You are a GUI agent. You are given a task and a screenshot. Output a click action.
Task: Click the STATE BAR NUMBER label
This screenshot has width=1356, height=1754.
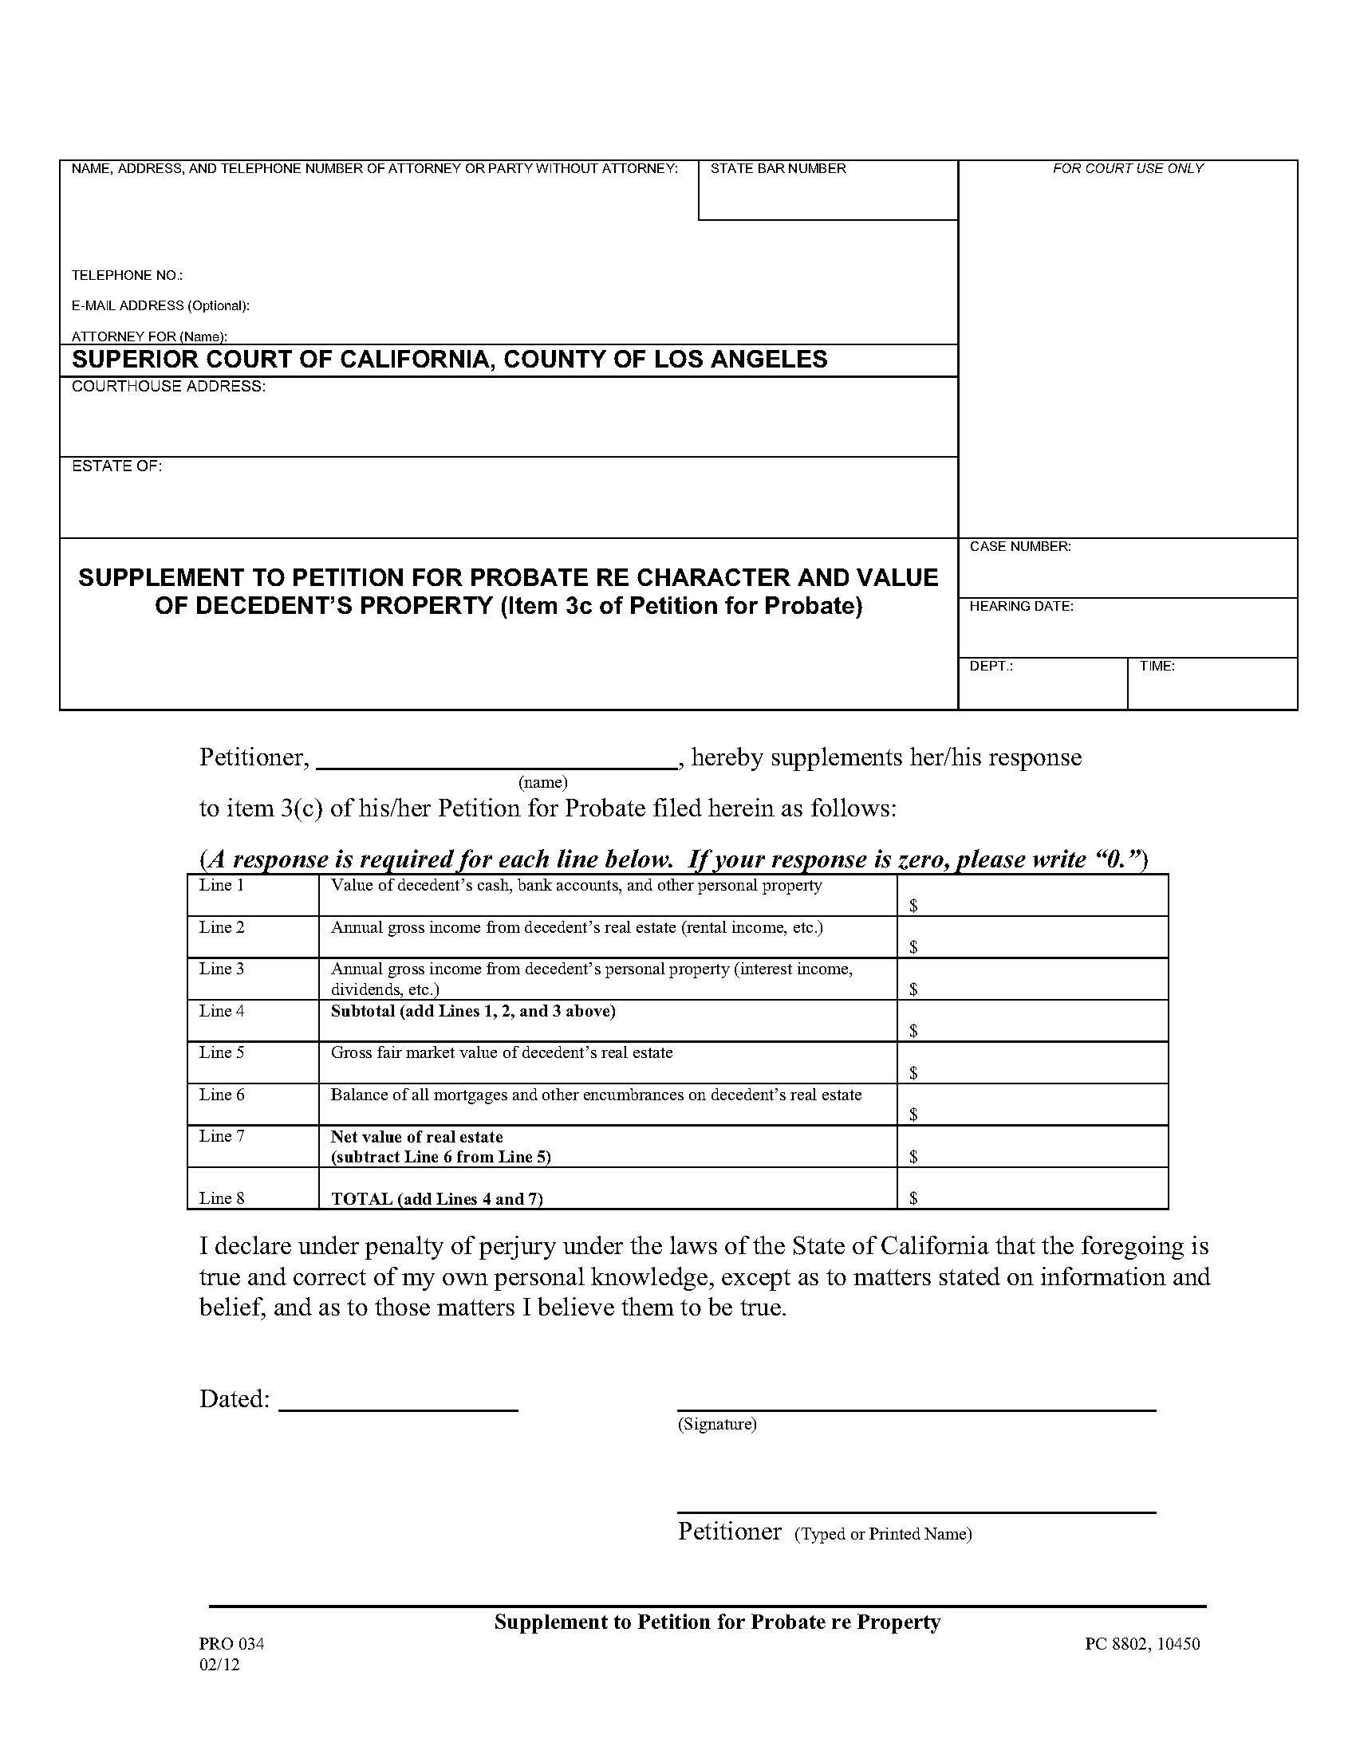pos(778,169)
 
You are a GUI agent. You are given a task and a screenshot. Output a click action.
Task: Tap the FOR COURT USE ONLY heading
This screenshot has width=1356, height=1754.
pos(1127,169)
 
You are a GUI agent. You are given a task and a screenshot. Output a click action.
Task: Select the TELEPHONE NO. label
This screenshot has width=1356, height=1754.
pos(127,276)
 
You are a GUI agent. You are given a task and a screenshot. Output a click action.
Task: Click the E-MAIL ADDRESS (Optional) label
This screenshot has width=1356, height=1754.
pos(160,306)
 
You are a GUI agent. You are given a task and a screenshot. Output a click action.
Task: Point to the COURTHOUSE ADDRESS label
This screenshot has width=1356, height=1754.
pos(168,387)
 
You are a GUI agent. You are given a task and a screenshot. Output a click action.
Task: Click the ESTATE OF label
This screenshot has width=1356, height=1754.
pos(117,466)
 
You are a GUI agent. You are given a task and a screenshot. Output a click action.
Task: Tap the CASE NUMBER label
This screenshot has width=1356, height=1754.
pos(1019,547)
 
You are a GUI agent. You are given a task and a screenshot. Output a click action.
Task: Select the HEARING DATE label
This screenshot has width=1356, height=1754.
pos(1021,607)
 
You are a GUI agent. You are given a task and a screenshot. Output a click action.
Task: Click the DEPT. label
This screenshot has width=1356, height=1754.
pos(991,667)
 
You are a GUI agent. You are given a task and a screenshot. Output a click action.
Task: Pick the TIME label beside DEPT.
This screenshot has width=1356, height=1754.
pos(1156,667)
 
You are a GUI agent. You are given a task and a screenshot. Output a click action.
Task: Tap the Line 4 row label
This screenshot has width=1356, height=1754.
pos(222,1011)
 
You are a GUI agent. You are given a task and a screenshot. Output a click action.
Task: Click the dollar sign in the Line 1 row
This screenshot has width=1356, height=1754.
pos(913,906)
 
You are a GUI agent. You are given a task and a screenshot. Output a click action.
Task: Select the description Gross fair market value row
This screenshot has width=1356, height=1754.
pos(501,1053)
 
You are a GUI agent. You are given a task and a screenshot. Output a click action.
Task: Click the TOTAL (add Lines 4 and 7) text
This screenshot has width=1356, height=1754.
pos(437,1199)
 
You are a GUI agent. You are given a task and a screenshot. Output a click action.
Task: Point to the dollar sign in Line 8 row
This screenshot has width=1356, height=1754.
pos(913,1199)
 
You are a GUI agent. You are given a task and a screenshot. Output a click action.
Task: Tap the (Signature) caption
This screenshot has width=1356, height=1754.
pos(716,1424)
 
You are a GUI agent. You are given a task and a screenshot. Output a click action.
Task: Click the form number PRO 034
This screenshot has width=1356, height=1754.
pos(231,1644)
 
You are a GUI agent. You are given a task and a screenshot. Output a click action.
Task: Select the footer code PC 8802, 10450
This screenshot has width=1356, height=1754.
pos(1141,1644)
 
